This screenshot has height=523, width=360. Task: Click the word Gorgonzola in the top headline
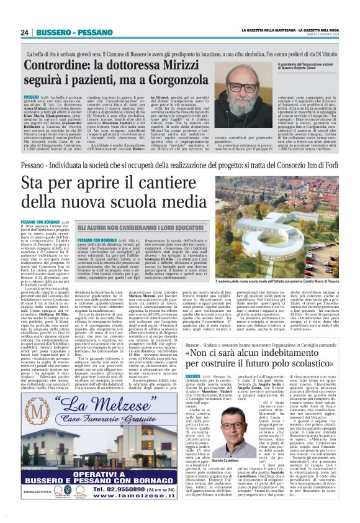click(180, 81)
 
